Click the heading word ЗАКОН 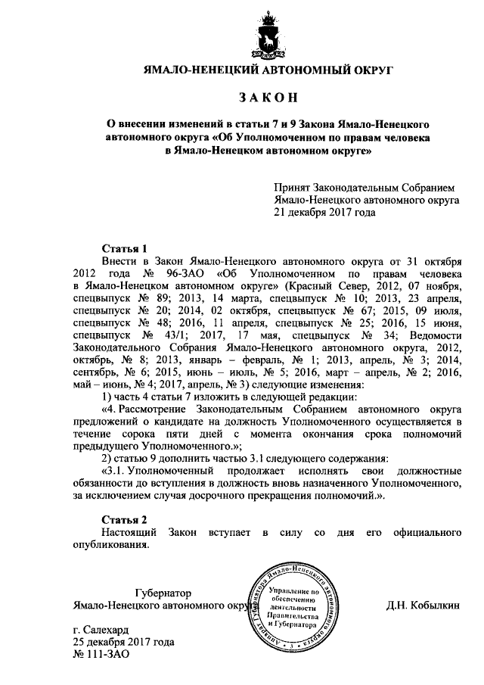[269, 98]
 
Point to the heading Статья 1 [123, 248]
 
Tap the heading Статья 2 [123, 519]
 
